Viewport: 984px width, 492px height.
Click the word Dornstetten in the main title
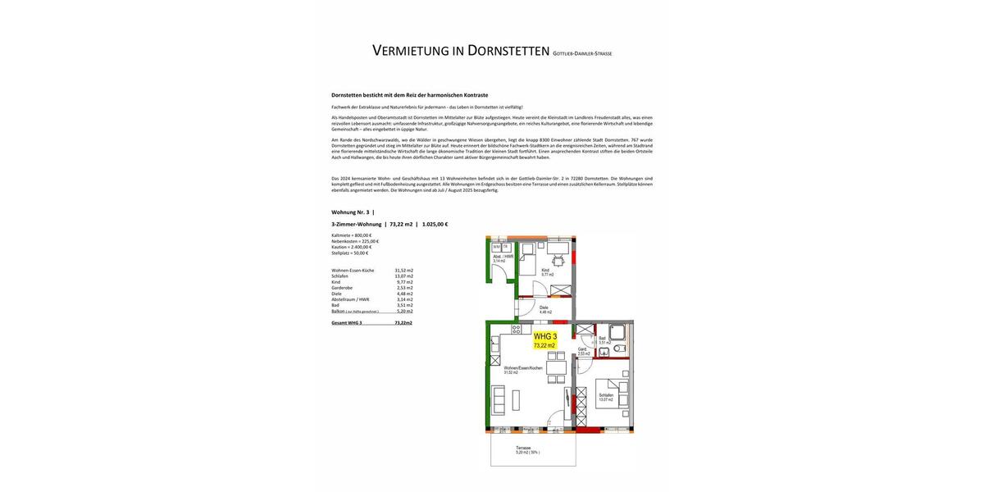[508, 51]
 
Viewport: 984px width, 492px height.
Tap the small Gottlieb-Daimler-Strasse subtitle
[582, 54]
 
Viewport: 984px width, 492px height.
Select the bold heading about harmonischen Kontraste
[409, 95]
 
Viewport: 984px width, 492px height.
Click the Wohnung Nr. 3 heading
[350, 212]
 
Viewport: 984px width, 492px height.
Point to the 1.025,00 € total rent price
[435, 224]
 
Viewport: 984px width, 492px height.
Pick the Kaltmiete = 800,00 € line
[352, 235]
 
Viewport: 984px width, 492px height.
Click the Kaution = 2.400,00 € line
[352, 247]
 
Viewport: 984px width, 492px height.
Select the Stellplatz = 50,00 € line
[350, 253]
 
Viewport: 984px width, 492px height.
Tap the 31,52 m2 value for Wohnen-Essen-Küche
[403, 271]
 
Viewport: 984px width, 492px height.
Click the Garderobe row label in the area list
[342, 288]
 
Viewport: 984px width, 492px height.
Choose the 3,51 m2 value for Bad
[405, 305]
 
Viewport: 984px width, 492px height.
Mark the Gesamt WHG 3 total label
[346, 323]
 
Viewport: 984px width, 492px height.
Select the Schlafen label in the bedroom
[606, 395]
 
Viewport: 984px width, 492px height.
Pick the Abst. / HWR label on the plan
[503, 257]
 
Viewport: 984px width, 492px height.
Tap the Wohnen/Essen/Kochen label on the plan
[522, 368]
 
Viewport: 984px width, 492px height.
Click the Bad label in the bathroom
[603, 339]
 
